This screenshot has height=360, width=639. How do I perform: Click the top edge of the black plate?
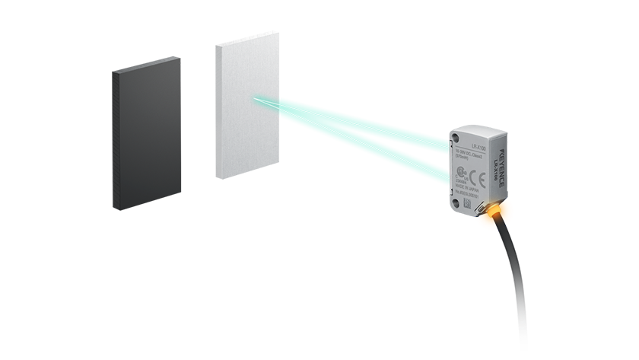[148, 65]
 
